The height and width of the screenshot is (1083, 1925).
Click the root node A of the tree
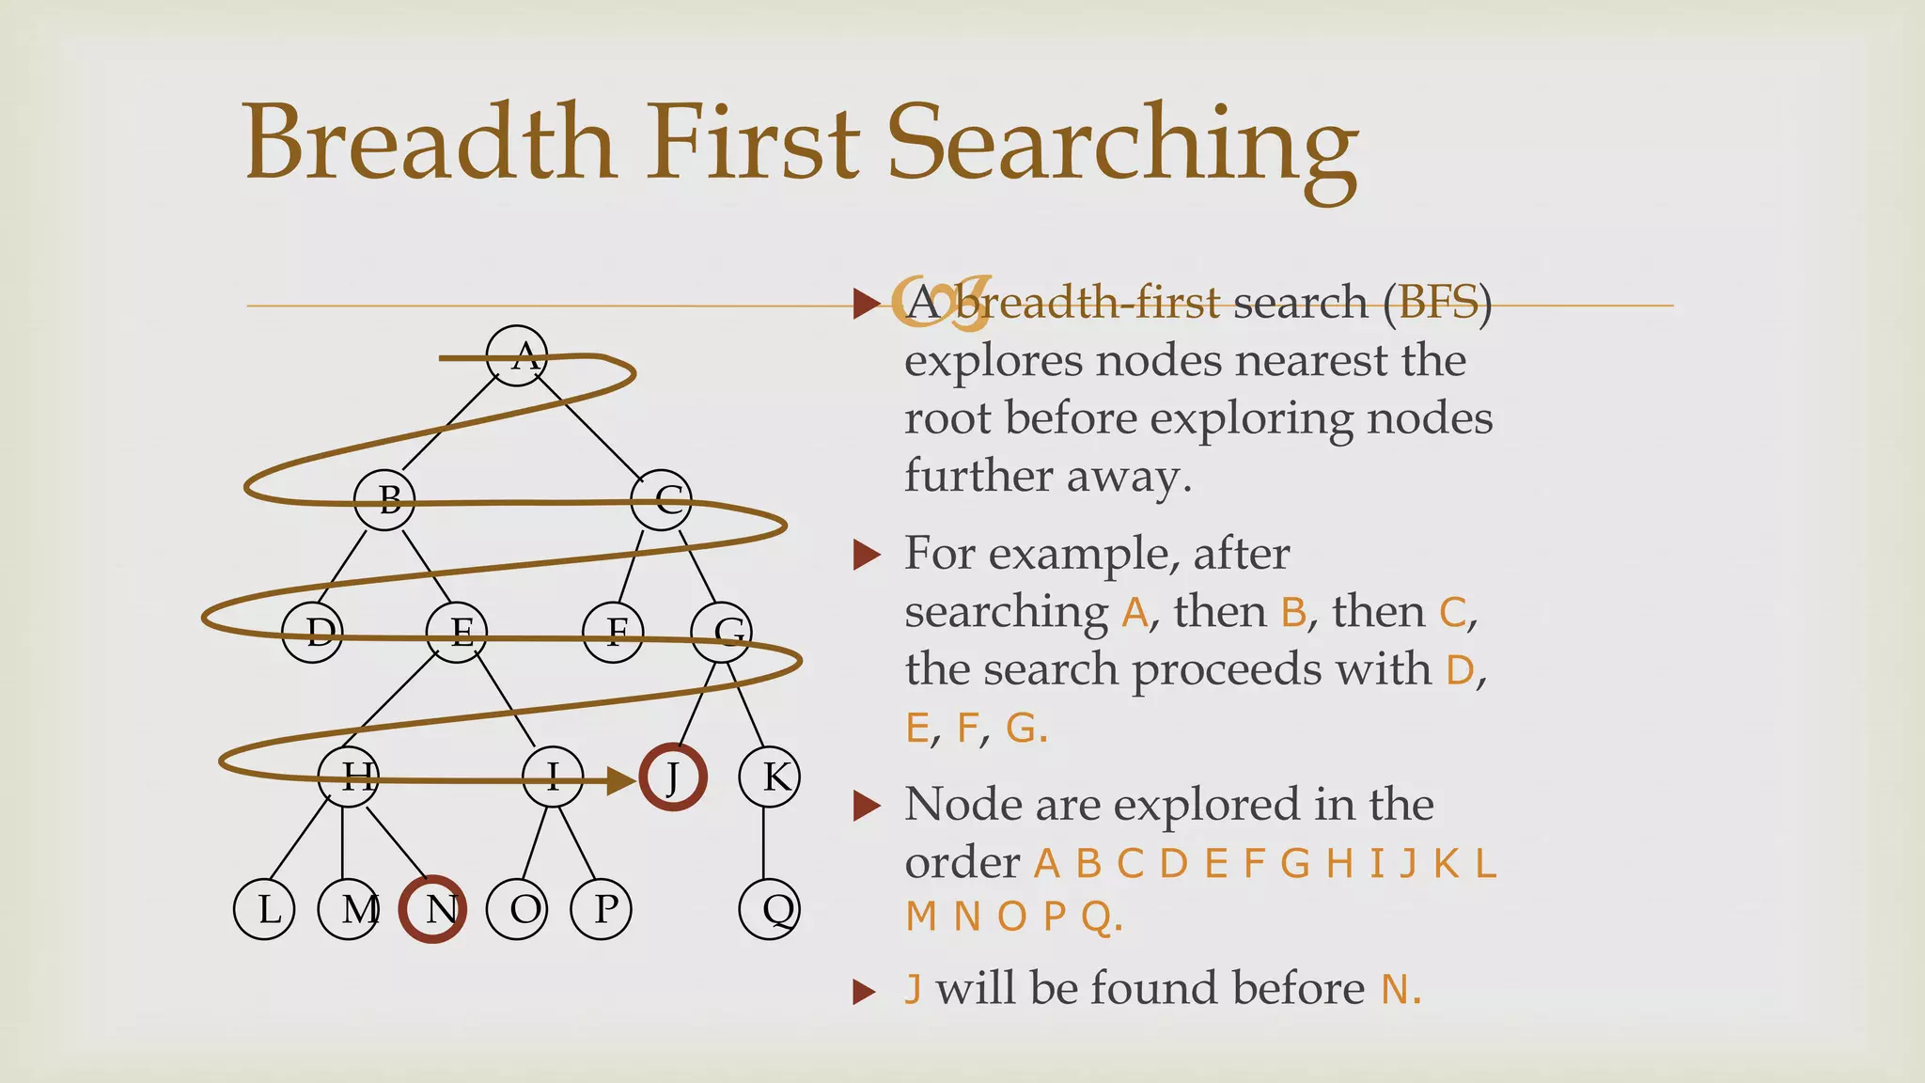517,355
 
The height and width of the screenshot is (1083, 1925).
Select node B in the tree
384,499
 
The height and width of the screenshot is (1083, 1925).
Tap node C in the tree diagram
662,499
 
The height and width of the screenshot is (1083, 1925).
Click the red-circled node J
673,777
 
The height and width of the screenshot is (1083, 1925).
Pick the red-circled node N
432,909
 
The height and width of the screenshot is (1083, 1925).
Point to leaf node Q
770,909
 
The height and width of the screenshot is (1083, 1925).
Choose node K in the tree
770,777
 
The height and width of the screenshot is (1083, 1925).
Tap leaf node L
264,909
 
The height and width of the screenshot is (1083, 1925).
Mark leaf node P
602,909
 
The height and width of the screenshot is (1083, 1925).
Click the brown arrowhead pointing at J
621,780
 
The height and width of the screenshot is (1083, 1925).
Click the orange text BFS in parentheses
1437,303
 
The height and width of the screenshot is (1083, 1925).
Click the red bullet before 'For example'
866,555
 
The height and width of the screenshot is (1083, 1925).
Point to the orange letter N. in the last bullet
1401,989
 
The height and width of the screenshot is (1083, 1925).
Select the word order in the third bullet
962,863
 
